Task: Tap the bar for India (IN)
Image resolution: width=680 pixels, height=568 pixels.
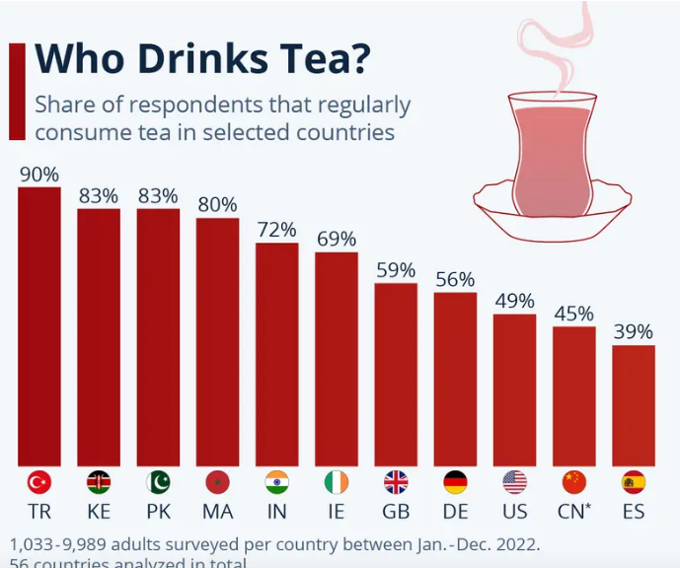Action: [x=277, y=355]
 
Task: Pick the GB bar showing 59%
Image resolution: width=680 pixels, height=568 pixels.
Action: [x=396, y=375]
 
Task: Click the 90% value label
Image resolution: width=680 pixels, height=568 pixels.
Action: [x=39, y=175]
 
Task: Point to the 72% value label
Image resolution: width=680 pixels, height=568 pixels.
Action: [x=277, y=230]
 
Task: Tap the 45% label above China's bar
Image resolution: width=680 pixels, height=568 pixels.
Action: [x=574, y=314]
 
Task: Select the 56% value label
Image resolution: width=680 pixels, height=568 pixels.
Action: [x=455, y=280]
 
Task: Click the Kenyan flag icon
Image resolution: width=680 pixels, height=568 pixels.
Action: [x=99, y=482]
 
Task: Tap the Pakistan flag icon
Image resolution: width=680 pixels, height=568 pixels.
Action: [x=158, y=482]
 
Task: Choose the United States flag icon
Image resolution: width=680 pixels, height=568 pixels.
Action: [x=514, y=482]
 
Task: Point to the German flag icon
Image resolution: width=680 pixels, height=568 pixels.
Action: [x=455, y=482]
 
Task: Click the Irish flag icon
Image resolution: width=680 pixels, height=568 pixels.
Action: [x=337, y=482]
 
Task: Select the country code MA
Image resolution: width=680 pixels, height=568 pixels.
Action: [x=217, y=513]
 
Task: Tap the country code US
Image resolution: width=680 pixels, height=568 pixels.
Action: [x=514, y=513]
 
